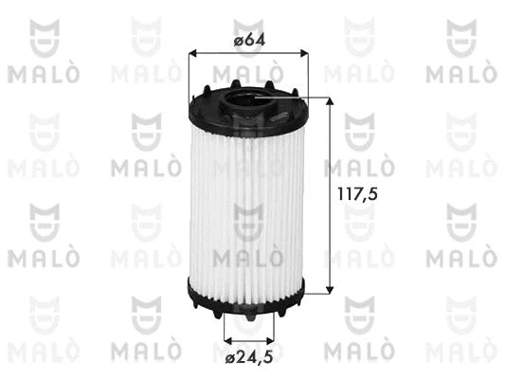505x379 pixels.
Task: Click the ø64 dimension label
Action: [250, 40]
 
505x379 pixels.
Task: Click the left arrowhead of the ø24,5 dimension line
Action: [228, 339]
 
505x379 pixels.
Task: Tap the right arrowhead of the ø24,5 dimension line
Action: [271, 339]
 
